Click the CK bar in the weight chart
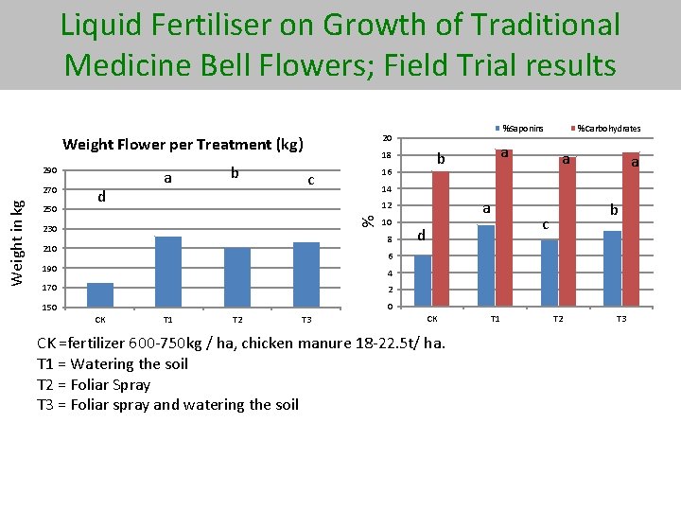99,294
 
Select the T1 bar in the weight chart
168,271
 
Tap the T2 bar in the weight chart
237,276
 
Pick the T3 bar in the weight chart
306,274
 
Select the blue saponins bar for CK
423,280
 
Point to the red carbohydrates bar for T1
504,227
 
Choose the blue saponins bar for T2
550,273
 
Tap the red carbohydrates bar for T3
631,229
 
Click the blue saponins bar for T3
613,268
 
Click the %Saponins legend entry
519,128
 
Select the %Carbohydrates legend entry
604,128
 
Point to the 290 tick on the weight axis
50,170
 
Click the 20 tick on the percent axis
387,137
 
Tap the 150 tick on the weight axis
50,308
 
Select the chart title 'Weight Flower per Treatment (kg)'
183,145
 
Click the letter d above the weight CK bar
101,197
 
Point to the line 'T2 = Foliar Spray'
94,384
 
